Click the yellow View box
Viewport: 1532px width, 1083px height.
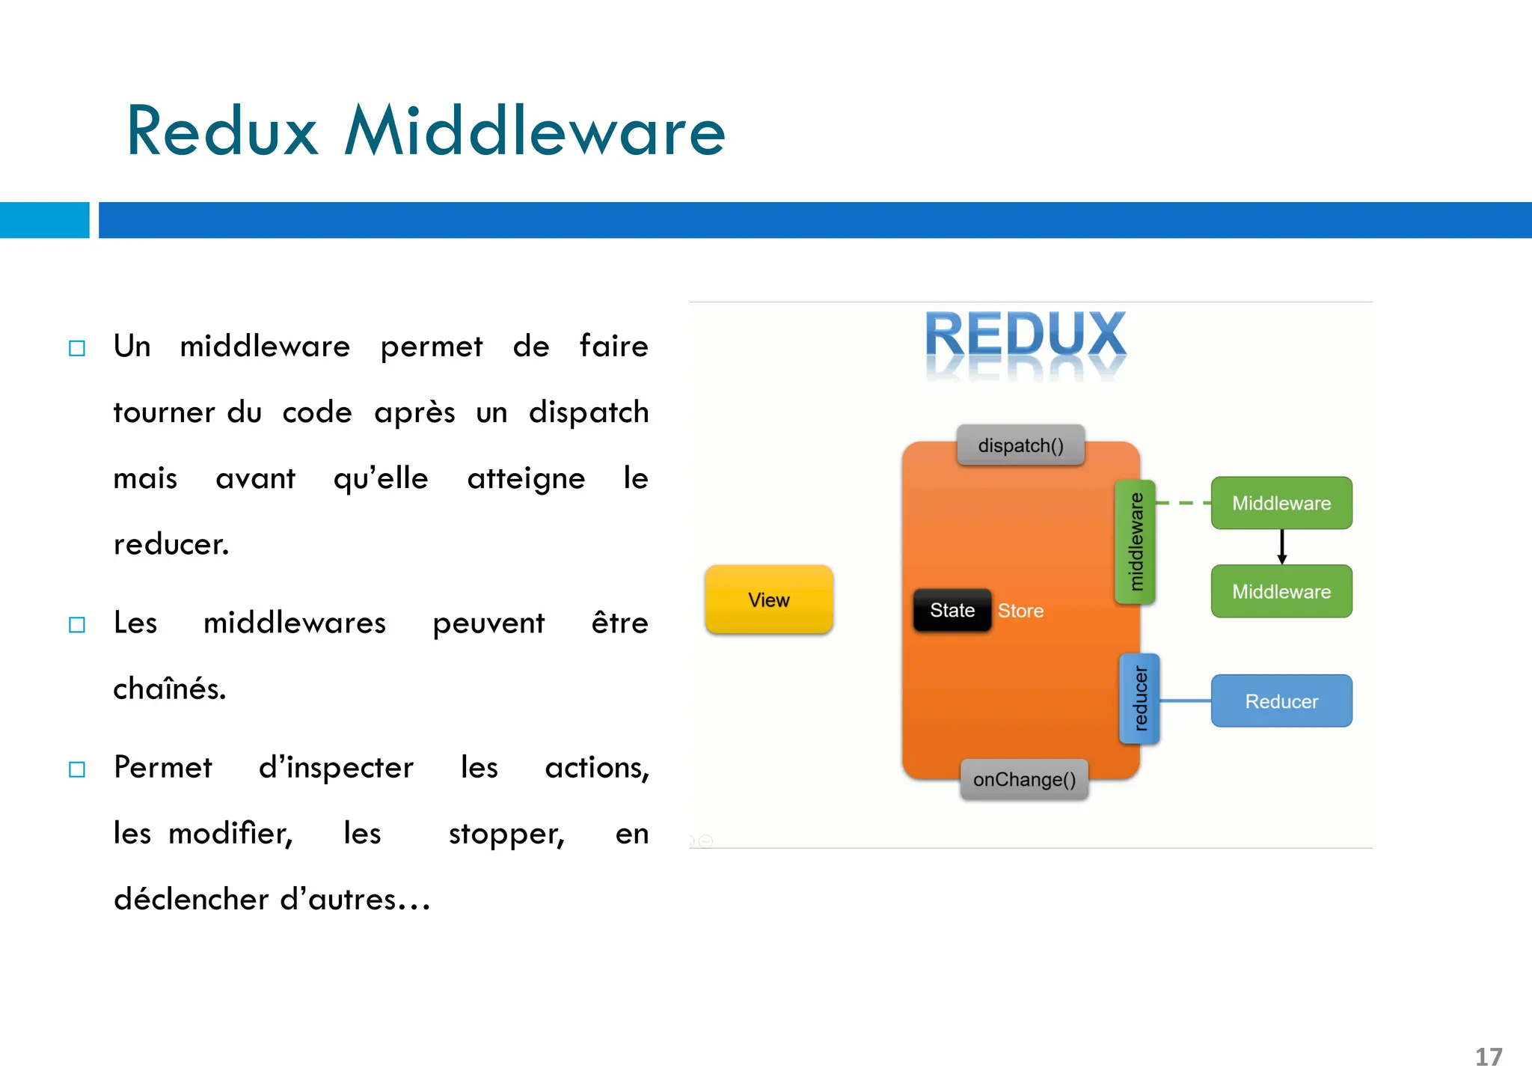(x=769, y=600)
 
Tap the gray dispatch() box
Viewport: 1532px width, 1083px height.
(x=1020, y=445)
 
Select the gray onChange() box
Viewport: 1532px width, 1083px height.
(x=1024, y=779)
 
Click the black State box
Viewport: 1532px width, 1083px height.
(x=952, y=610)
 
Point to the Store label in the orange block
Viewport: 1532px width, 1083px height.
(x=1020, y=611)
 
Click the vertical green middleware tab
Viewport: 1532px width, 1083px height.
(x=1135, y=541)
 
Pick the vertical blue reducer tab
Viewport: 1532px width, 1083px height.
(x=1139, y=698)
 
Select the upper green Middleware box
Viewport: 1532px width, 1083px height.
(x=1281, y=503)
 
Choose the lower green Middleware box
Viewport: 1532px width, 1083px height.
(x=1281, y=591)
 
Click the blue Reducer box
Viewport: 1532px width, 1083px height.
(x=1281, y=701)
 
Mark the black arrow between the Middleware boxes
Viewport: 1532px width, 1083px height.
(x=1281, y=547)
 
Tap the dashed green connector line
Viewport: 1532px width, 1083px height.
(x=1183, y=503)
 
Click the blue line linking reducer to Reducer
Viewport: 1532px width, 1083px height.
(x=1185, y=701)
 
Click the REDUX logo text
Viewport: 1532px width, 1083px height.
(x=1025, y=335)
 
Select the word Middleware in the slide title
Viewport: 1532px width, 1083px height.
(x=534, y=132)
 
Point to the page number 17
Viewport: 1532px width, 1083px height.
(x=1488, y=1057)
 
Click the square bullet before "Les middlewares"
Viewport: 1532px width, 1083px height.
(x=77, y=624)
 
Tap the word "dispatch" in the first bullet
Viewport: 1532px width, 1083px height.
(x=588, y=412)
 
